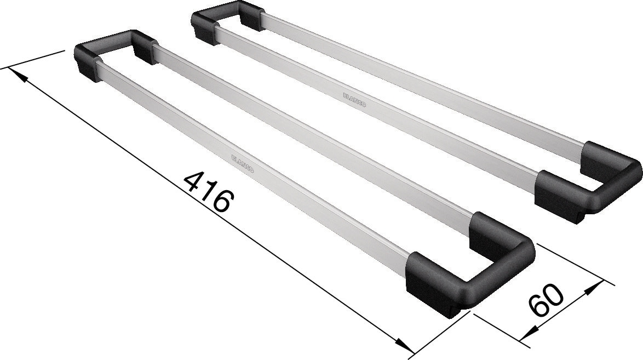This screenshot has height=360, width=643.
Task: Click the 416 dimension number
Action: click(209, 192)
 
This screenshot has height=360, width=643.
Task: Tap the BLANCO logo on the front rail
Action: click(243, 164)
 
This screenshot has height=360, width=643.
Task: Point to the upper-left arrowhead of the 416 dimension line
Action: click(18, 75)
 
